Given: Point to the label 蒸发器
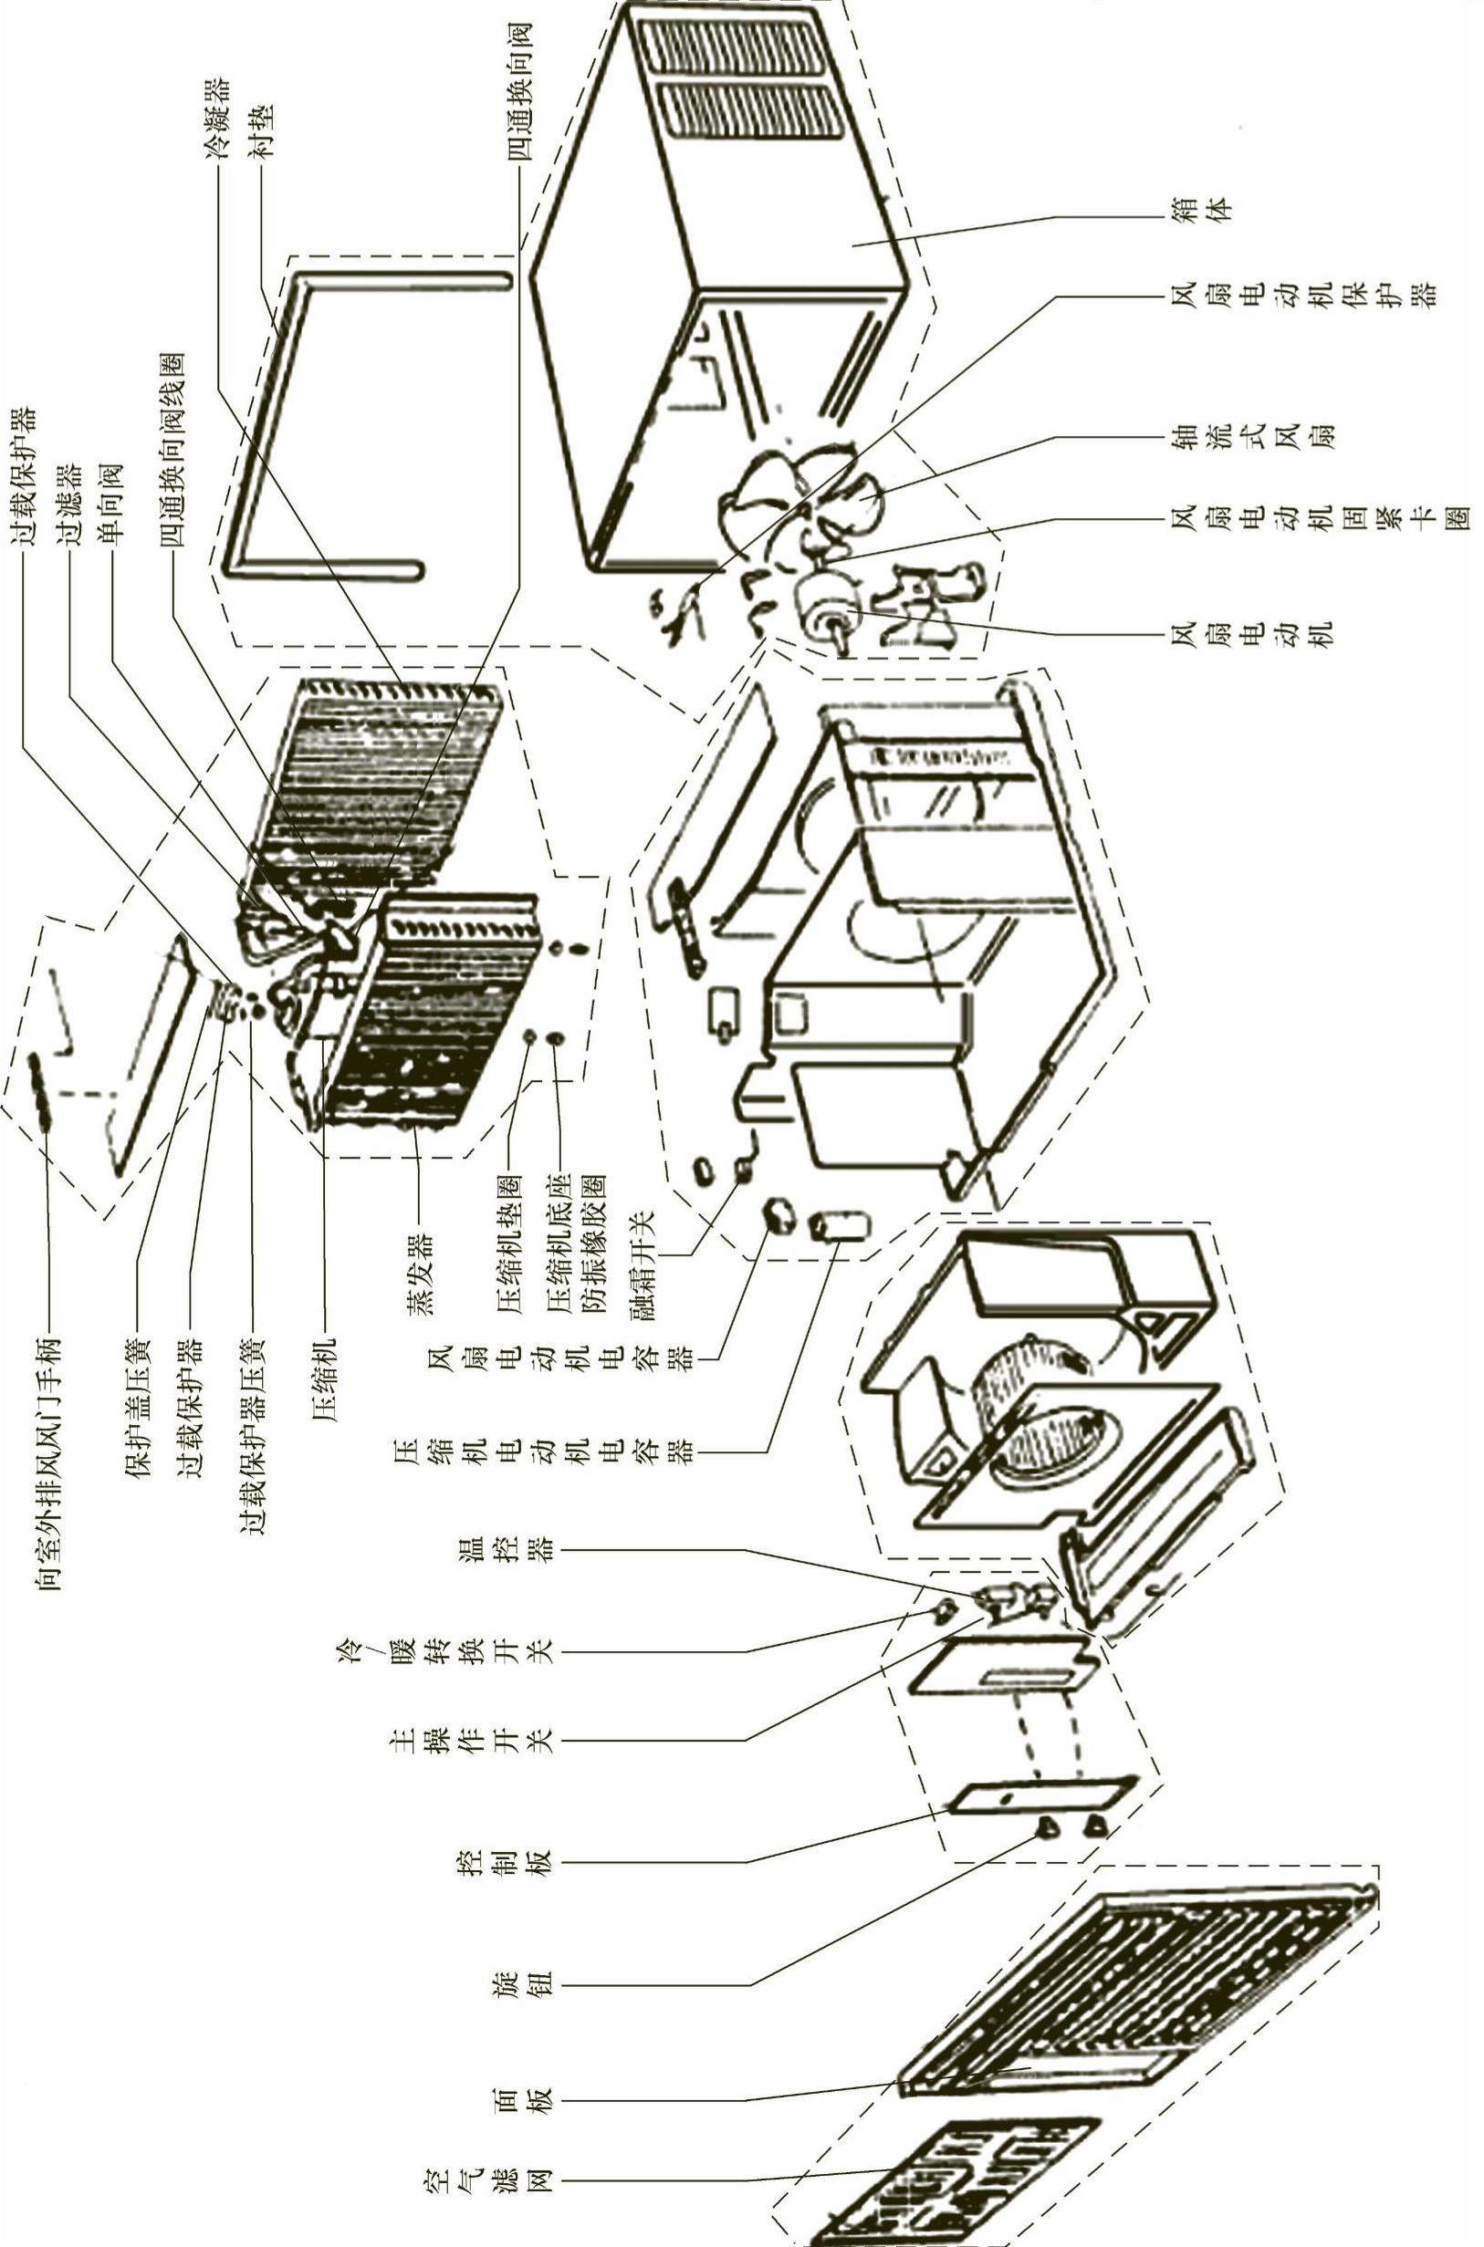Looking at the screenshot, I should point(416,1273).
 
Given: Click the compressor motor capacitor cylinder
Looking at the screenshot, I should point(840,1228).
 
